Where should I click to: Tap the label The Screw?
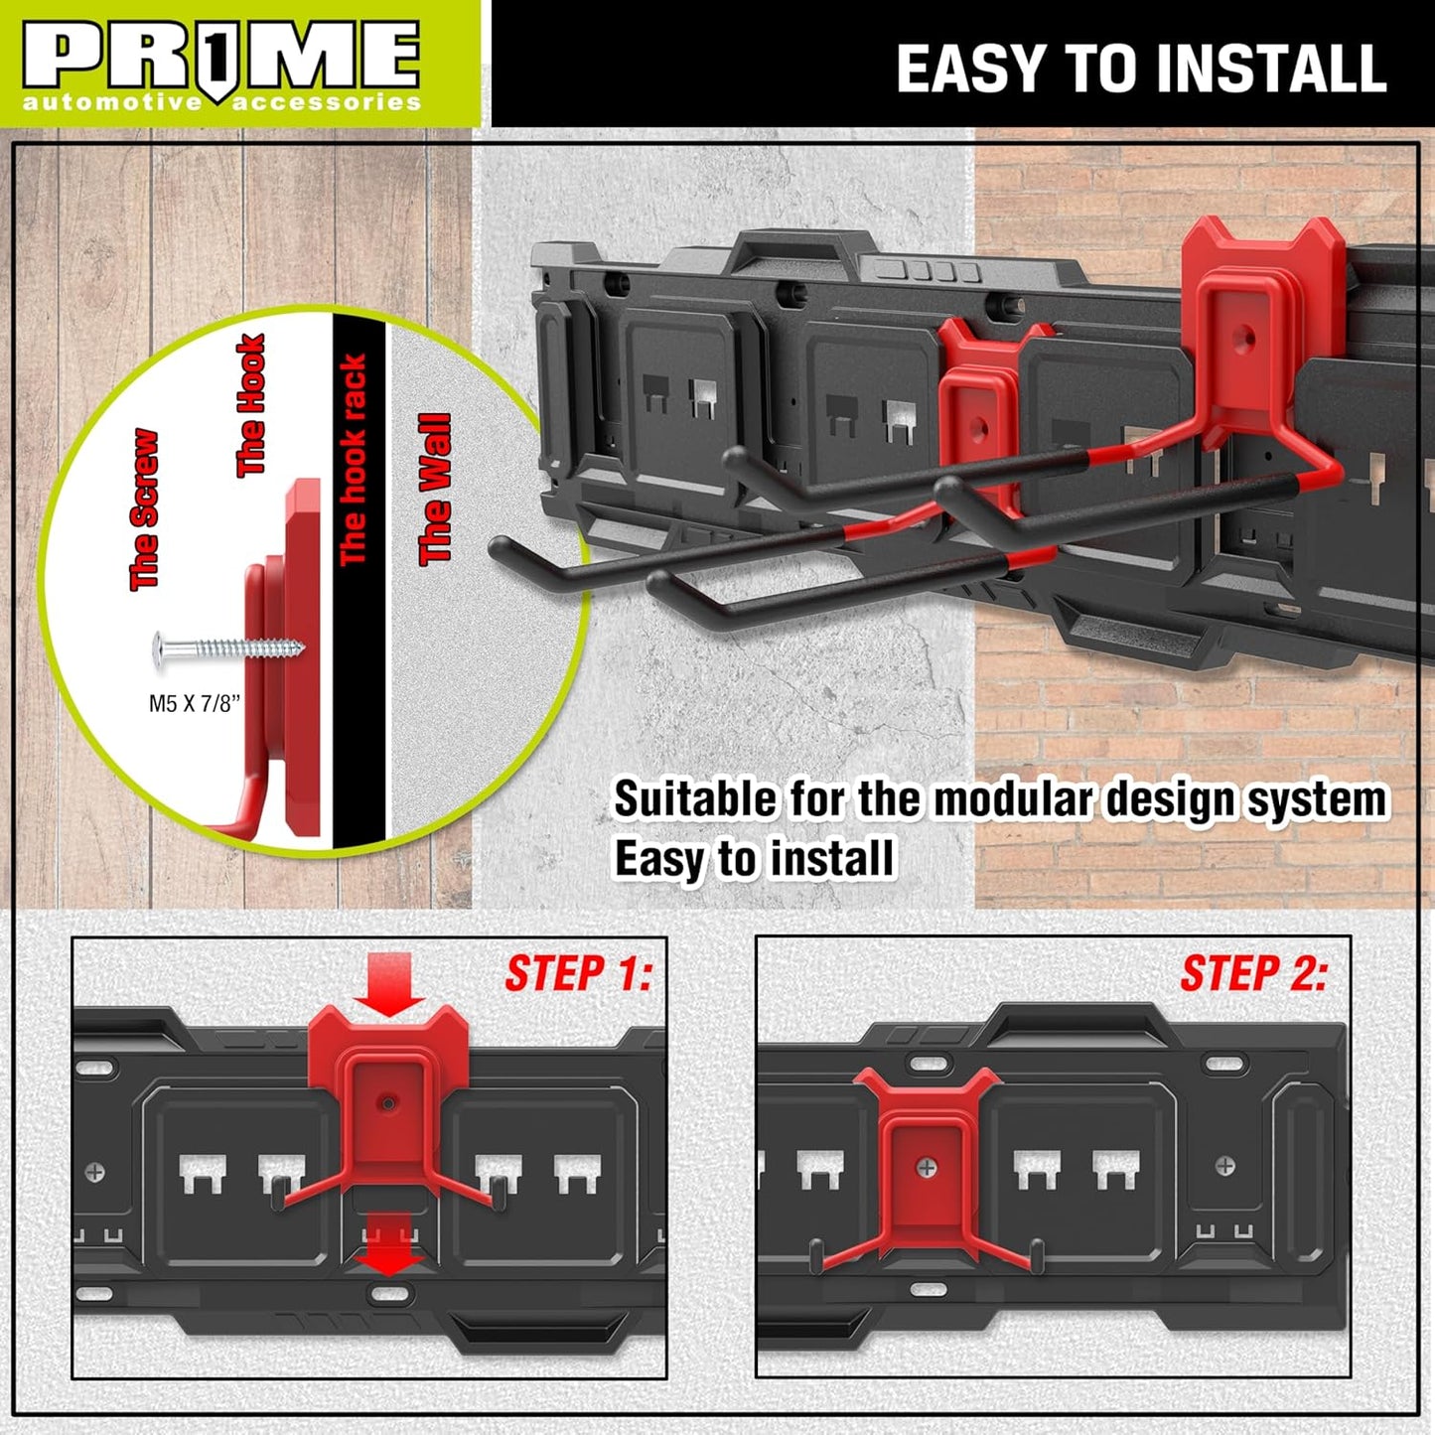pyautogui.click(x=144, y=509)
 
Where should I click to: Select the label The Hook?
pyautogui.click(x=250, y=405)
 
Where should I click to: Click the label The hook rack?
pyautogui.click(x=354, y=459)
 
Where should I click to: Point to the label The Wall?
pyautogui.click(x=435, y=489)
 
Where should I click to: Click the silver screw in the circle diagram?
pyautogui.click(x=228, y=648)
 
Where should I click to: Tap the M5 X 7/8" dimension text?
pyautogui.click(x=195, y=703)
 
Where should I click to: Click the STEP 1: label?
pyautogui.click(x=578, y=973)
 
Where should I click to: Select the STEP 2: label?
pyautogui.click(x=1253, y=973)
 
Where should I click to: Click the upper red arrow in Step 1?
pyautogui.click(x=388, y=982)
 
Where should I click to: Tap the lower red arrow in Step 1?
pyautogui.click(x=389, y=1242)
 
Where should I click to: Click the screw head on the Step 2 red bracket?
pyautogui.click(x=926, y=1168)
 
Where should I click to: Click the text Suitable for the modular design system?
pyautogui.click(x=1000, y=799)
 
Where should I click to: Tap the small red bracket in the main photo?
pyautogui.click(x=978, y=407)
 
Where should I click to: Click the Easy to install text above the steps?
pyautogui.click(x=754, y=859)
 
